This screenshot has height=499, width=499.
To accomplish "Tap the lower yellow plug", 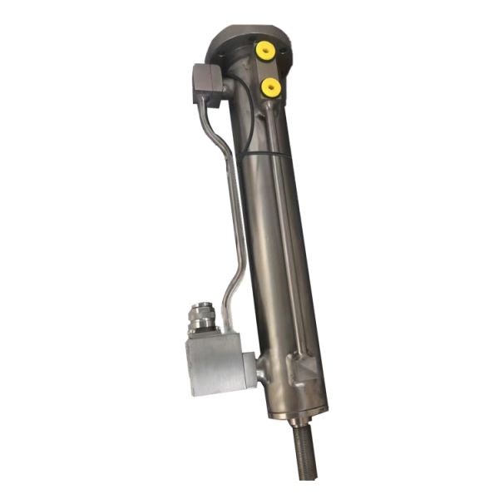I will (271, 86).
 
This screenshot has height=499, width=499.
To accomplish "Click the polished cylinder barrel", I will (279, 249).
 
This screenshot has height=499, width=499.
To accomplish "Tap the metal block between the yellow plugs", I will (268, 70).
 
